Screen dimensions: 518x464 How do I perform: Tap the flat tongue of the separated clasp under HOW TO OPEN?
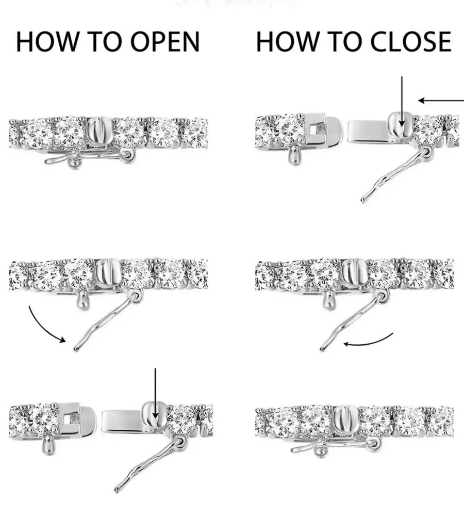click(122, 420)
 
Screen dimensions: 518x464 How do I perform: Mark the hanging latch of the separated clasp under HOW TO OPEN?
click(149, 464)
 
